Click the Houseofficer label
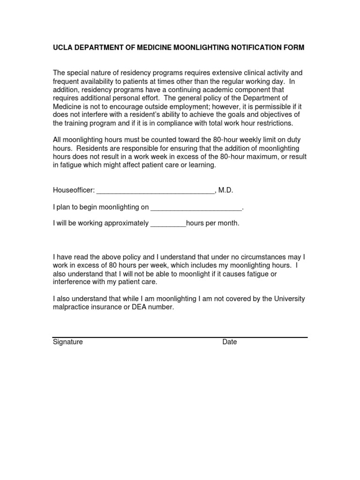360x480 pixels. (74, 190)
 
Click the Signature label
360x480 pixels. (67, 342)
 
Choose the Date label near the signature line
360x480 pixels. (230, 342)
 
